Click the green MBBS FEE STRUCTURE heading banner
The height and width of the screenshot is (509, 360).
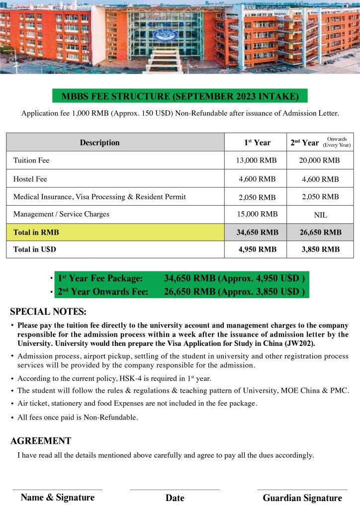pos(180,96)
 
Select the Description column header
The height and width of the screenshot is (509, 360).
pos(99,143)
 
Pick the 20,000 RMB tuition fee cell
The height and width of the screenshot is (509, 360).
pos(321,161)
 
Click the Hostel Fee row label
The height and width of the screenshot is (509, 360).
pos(30,179)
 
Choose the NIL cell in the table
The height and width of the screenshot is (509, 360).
pos(321,215)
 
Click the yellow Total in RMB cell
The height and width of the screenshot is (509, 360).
pos(115,232)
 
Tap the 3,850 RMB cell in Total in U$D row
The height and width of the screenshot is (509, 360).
pos(321,250)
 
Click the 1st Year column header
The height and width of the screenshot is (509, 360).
pos(257,143)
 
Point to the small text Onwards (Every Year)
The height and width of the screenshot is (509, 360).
pos(337,142)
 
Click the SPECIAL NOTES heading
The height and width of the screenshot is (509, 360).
pos(48,312)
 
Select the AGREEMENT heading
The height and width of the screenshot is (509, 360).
pos(41,441)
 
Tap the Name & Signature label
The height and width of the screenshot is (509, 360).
pos(58,498)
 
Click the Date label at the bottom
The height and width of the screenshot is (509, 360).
pos(175,498)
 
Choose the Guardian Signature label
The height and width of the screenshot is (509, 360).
pos(302,498)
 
